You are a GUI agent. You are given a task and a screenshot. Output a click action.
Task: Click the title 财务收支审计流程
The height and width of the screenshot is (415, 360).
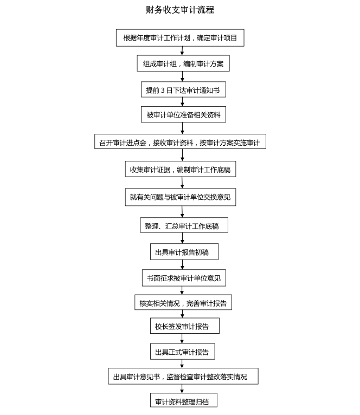click(x=180, y=10)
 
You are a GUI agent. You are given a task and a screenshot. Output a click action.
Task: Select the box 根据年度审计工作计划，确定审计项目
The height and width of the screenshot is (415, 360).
click(x=180, y=38)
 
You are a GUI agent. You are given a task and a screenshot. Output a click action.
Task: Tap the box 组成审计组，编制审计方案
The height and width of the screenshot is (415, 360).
click(x=183, y=63)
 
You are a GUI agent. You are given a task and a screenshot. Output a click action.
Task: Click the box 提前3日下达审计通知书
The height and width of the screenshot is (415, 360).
click(x=183, y=89)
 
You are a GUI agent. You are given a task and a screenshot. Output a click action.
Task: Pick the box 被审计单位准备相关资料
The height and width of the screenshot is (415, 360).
click(x=183, y=115)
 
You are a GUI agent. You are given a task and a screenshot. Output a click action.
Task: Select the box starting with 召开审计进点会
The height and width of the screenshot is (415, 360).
click(x=180, y=142)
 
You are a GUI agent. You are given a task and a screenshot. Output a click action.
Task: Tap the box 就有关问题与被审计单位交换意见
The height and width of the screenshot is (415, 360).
click(x=180, y=197)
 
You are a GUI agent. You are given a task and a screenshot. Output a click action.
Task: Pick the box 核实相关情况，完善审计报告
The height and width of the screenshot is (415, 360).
click(x=183, y=303)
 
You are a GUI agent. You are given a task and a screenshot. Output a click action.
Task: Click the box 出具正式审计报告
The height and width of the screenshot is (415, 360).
click(x=183, y=352)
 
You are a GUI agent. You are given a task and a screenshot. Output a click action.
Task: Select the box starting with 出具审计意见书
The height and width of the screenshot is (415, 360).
click(x=183, y=377)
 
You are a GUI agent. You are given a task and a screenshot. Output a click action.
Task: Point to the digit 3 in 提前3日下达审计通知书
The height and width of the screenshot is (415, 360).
click(x=162, y=90)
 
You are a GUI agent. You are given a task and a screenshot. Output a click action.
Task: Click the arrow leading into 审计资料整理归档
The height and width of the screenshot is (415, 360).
click(x=182, y=389)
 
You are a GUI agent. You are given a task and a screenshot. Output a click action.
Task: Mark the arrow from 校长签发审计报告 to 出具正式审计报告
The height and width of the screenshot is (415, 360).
click(x=182, y=339)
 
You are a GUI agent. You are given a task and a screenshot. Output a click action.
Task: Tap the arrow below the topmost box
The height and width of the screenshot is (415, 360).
click(x=182, y=50)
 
